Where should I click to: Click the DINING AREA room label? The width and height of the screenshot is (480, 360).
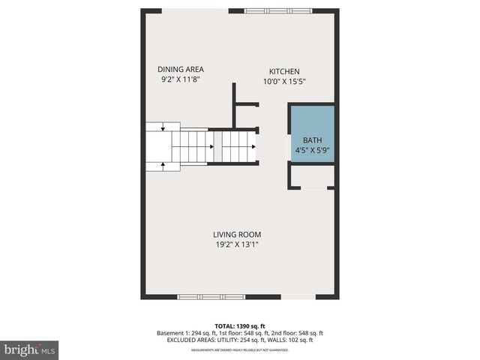[x=180, y=69]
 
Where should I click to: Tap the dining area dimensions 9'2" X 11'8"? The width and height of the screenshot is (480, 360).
[x=180, y=79]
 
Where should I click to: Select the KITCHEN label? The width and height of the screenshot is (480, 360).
[x=285, y=72]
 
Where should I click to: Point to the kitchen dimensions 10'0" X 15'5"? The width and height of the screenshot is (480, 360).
[x=285, y=82]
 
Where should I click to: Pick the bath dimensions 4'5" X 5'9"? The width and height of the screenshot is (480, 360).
[x=313, y=150]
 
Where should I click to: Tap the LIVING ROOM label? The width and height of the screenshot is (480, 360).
[x=236, y=234]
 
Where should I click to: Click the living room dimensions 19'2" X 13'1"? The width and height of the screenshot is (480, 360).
[x=236, y=244]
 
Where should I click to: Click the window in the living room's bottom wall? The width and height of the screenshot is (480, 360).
[x=210, y=297]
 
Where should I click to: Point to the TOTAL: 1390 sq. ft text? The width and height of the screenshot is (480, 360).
[x=240, y=326]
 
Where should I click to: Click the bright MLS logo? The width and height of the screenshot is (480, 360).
[x=30, y=349]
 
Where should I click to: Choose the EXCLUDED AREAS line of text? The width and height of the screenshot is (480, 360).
[x=240, y=340]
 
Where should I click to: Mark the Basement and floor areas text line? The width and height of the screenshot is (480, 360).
[x=240, y=333]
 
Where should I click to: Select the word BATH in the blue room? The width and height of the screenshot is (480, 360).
[x=312, y=140]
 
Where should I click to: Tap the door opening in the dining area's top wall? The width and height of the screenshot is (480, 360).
[x=196, y=10]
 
